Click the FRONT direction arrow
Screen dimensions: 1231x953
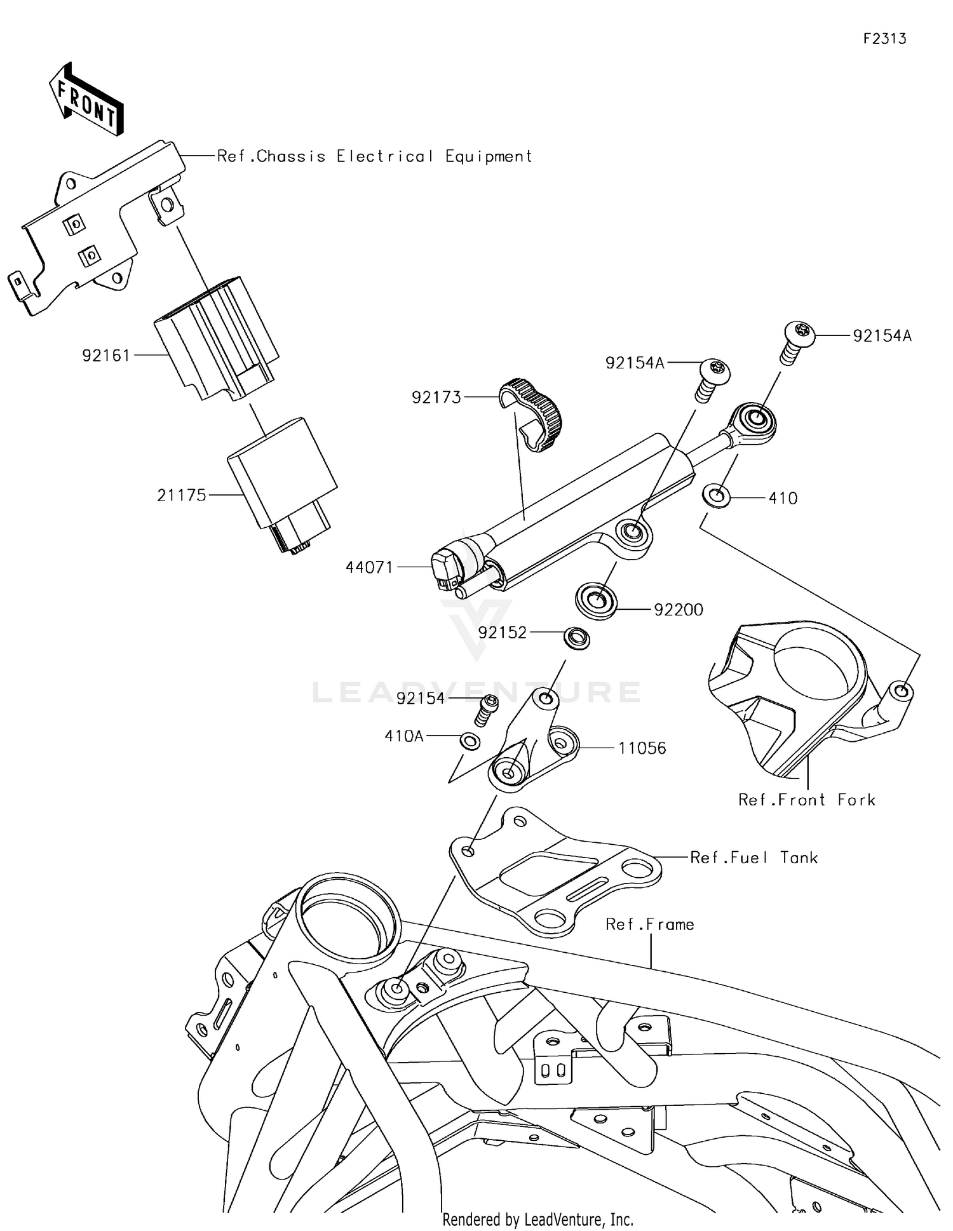click(x=86, y=100)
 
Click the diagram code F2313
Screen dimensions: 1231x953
click(x=884, y=39)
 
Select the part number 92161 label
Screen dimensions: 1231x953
click(x=105, y=356)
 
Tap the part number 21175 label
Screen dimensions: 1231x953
click(x=182, y=495)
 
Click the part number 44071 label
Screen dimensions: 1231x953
click(x=369, y=567)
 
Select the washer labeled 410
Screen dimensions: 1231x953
click(x=716, y=495)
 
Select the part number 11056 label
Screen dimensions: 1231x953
click(x=642, y=748)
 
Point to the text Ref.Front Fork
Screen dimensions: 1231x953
click(x=806, y=800)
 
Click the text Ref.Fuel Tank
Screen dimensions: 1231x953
click(x=754, y=858)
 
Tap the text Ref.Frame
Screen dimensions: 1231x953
click(x=649, y=924)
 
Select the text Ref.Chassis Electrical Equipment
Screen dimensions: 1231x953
click(x=374, y=156)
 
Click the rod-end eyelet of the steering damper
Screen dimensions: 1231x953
click(x=754, y=420)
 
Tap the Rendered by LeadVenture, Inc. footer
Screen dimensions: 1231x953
click(x=537, y=1219)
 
